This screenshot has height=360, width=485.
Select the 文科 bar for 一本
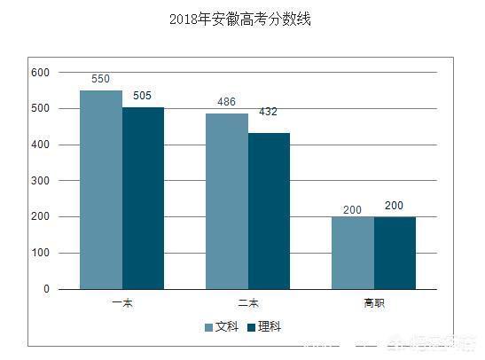(101, 190)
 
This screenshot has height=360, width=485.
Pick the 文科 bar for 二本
(227, 201)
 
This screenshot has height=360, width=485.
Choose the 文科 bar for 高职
(353, 253)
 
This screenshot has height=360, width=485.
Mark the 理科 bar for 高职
(395, 253)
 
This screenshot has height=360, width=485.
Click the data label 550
(101, 80)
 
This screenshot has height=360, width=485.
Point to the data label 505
(144, 96)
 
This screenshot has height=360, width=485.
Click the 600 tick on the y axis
(41, 72)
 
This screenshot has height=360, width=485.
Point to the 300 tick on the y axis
(41, 181)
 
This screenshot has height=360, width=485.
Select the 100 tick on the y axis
(41, 253)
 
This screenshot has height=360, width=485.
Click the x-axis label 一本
(122, 303)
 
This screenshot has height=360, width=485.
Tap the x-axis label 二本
(248, 303)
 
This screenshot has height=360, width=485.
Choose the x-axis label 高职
(374, 303)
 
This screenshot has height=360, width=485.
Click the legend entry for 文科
(222, 327)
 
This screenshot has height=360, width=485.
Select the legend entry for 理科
(263, 327)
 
